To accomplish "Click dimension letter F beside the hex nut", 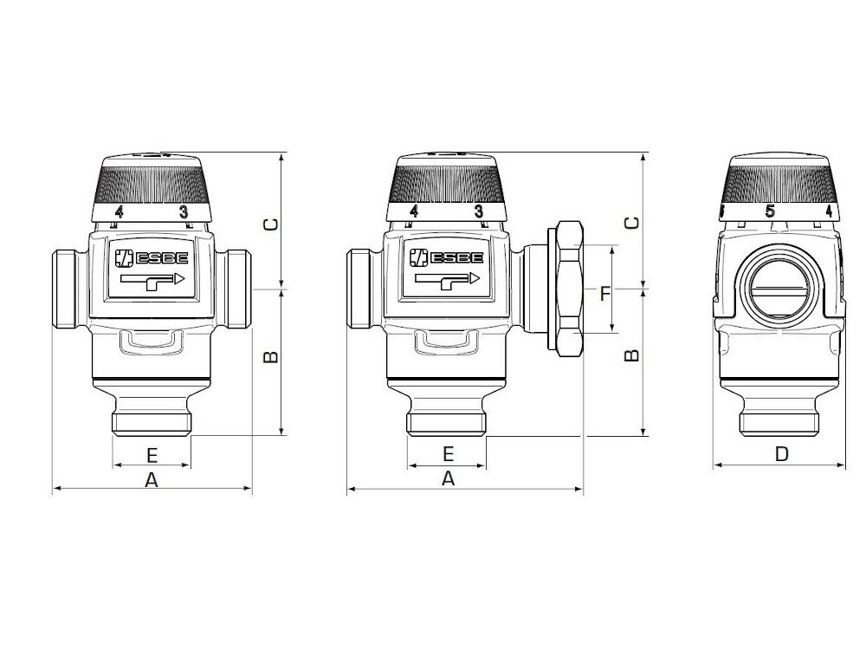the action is pos(606,293).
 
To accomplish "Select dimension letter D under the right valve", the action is pos(781,454).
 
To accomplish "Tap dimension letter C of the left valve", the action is pos(270,224).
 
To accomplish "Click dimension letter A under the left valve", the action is pos(152,480).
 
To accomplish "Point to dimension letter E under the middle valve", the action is pos(448,454).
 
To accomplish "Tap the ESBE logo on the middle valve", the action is pos(446,257).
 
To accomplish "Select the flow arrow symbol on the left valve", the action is pos(152,281).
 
